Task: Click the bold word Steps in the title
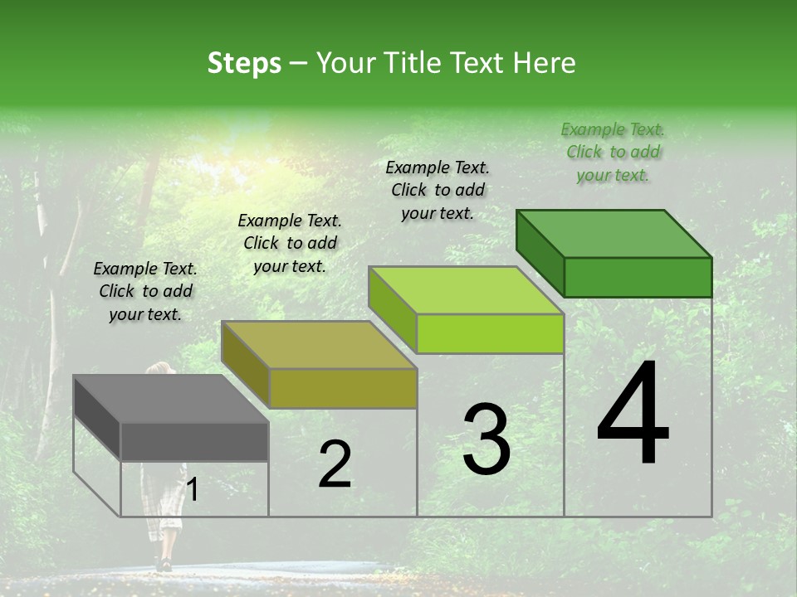pyautogui.click(x=244, y=63)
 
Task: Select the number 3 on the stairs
pyautogui.click(x=486, y=439)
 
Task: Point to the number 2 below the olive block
pyautogui.click(x=335, y=464)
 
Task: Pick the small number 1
pyautogui.click(x=192, y=490)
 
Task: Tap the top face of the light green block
pyautogui.click(x=467, y=290)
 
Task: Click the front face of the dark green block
pyautogui.click(x=638, y=277)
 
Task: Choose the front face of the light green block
pyautogui.click(x=490, y=333)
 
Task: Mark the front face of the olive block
pyautogui.click(x=343, y=388)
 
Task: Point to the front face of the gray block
pyautogui.click(x=195, y=441)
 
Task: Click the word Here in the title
pyautogui.click(x=544, y=63)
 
